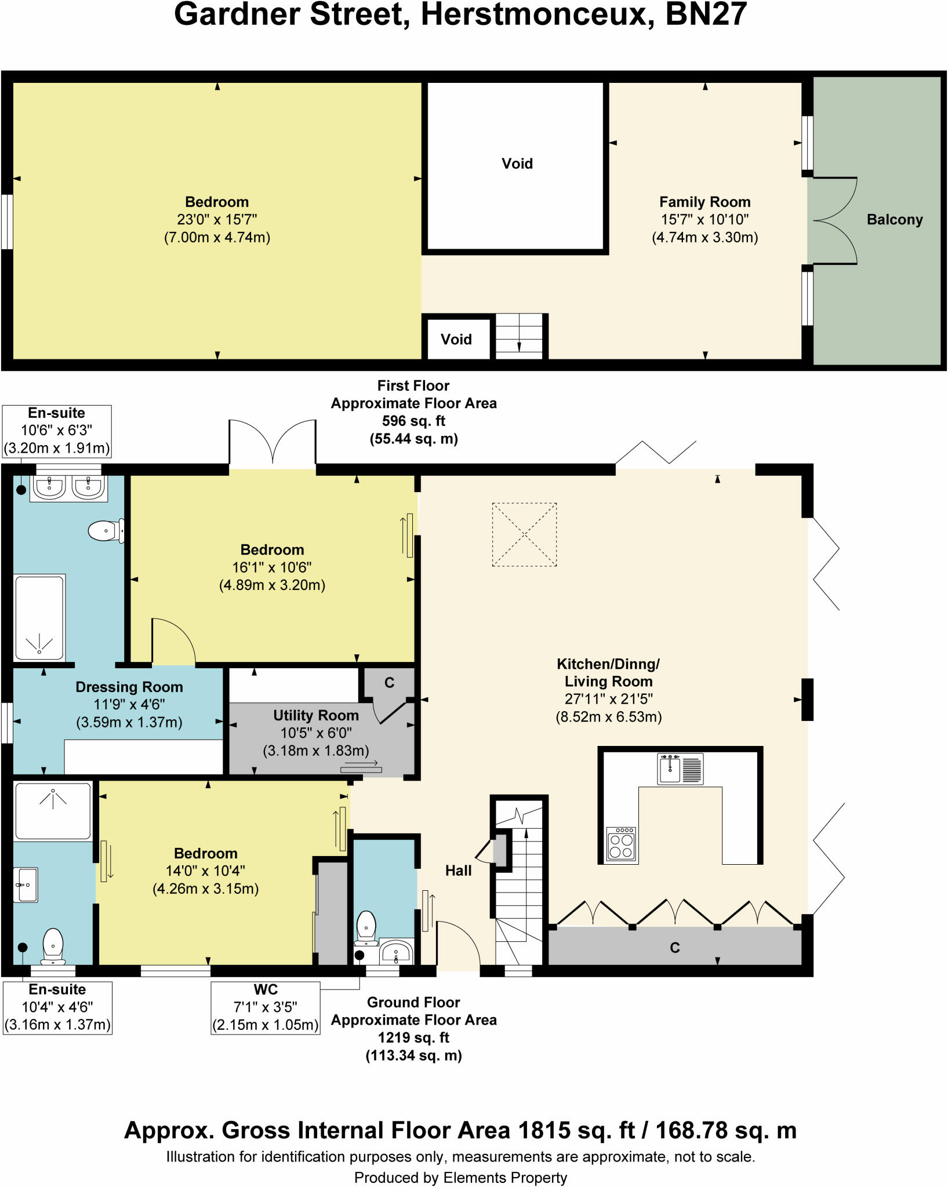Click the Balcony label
pos(894,220)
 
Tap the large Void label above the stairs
pos(517,163)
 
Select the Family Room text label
pos(704,202)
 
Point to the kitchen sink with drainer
pos(680,769)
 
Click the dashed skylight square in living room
pos(524,534)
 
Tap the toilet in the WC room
pos(366,927)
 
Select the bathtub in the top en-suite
pos(39,617)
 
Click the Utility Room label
pos(316,715)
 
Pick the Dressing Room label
pos(129,687)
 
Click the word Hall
pos(458,871)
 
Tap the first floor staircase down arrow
pos(519,346)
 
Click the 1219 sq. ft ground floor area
pos(413,1037)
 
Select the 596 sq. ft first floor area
pos(413,421)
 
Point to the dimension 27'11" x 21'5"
pos(608,699)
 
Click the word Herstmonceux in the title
pos(533,14)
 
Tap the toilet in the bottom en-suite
pos(53,946)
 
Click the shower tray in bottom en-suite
pos(53,811)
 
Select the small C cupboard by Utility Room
pos(389,683)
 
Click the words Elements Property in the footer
pos(505,1178)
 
